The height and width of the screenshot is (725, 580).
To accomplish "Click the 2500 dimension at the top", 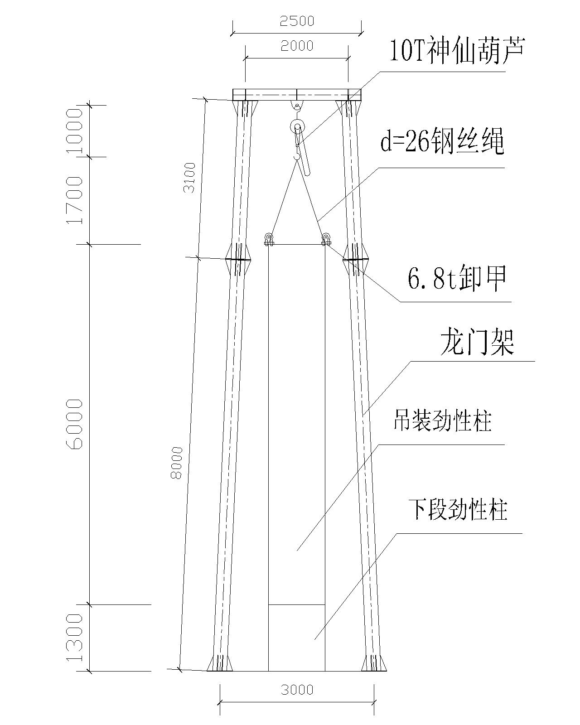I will pyautogui.click(x=297, y=21).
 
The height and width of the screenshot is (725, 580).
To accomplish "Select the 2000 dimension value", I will pyautogui.click(x=297, y=46).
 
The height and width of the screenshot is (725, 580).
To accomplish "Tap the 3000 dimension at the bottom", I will pyautogui.click(x=297, y=689).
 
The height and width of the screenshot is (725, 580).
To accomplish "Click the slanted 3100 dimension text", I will pyautogui.click(x=190, y=177).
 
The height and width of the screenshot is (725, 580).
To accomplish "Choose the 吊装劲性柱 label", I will pyautogui.click(x=442, y=420).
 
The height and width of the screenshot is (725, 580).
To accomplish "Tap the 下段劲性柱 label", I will pyautogui.click(x=458, y=509).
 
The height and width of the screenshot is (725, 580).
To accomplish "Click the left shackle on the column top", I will pyautogui.click(x=268, y=238).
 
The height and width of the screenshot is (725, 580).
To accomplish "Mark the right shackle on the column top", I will pyautogui.click(x=326, y=238).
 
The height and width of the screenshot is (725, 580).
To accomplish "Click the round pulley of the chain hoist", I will pyautogui.click(x=297, y=127).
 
